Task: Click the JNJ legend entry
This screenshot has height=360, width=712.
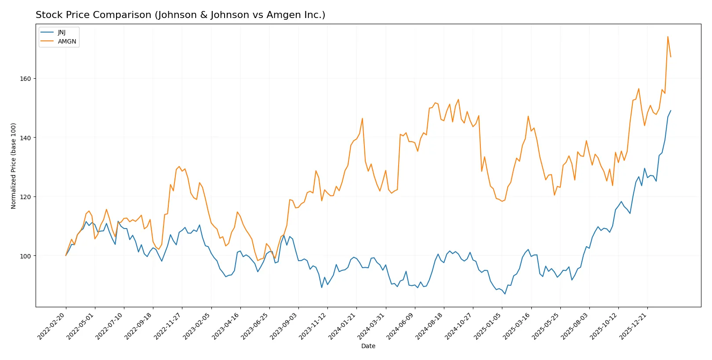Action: click(x=62, y=33)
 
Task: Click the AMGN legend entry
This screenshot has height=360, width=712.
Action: click(x=67, y=41)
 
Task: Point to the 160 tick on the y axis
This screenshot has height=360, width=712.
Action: click(x=25, y=79)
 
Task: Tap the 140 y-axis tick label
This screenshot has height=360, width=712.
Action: click(x=25, y=138)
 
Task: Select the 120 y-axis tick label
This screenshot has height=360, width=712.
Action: click(x=25, y=197)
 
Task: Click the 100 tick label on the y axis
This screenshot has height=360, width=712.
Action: click(x=25, y=256)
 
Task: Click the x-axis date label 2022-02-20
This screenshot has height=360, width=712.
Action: click(x=52, y=326)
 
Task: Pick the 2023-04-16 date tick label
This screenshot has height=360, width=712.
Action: click(x=226, y=326)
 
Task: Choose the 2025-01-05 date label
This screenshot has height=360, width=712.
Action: click(x=488, y=326)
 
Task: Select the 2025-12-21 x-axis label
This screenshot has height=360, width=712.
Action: click(x=633, y=326)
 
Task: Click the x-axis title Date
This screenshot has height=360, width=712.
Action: click(x=368, y=346)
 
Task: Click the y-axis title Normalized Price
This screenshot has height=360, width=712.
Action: click(x=14, y=166)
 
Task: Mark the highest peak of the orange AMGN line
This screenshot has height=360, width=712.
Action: click(x=668, y=36)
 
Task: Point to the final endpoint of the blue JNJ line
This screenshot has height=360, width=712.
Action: click(x=671, y=111)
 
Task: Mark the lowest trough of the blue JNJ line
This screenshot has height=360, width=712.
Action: click(x=505, y=294)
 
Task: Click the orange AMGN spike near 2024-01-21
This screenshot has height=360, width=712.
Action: click(x=362, y=118)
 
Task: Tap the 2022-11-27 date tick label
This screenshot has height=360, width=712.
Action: click(x=168, y=326)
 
